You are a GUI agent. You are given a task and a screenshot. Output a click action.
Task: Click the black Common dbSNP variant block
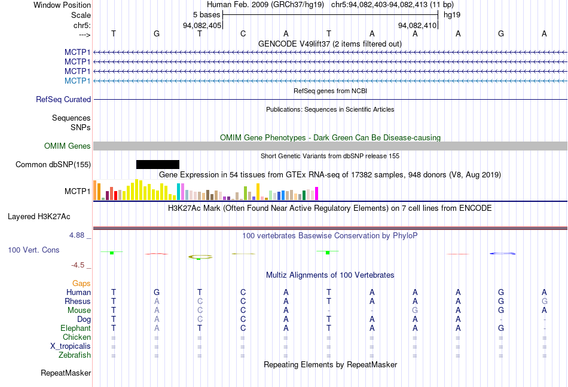(x=158, y=164)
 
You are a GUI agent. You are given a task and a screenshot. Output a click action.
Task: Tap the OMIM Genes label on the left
(x=68, y=146)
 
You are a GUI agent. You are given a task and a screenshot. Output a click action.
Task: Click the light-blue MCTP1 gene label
(x=78, y=81)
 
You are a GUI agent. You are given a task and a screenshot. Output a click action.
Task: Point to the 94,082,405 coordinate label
(x=202, y=26)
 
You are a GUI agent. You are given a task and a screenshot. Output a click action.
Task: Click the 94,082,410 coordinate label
(x=417, y=26)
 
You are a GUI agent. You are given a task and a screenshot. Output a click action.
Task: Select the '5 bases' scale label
(x=206, y=14)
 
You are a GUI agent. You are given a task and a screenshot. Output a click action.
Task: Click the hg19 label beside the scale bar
(x=452, y=14)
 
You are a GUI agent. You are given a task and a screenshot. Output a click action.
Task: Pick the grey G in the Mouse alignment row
(x=415, y=311)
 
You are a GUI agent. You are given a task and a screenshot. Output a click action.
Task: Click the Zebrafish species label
(x=75, y=355)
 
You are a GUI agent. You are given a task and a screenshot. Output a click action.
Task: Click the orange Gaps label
(x=81, y=283)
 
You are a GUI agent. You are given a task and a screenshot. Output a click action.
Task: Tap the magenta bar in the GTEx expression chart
(x=317, y=193)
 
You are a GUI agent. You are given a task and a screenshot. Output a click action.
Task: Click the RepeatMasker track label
(x=66, y=373)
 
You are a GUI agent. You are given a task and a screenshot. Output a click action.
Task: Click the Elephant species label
(x=76, y=328)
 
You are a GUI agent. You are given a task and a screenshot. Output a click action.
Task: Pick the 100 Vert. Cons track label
(x=33, y=250)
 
